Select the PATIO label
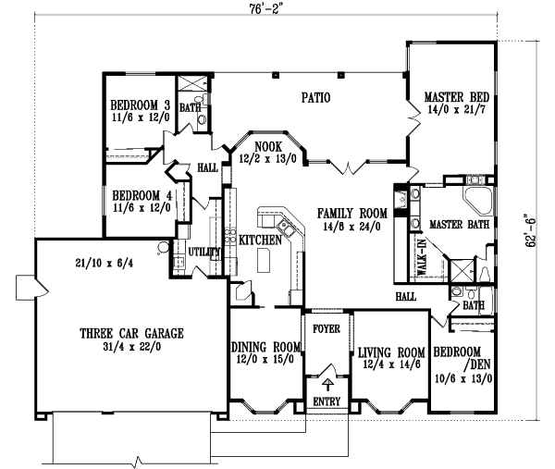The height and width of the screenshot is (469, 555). pos(315,96)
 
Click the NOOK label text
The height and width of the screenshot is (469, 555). pos(267,146)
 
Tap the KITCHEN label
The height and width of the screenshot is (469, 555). pos(260,240)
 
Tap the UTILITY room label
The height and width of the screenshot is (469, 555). pos(203,251)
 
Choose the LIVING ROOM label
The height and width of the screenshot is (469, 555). pos(390,352)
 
